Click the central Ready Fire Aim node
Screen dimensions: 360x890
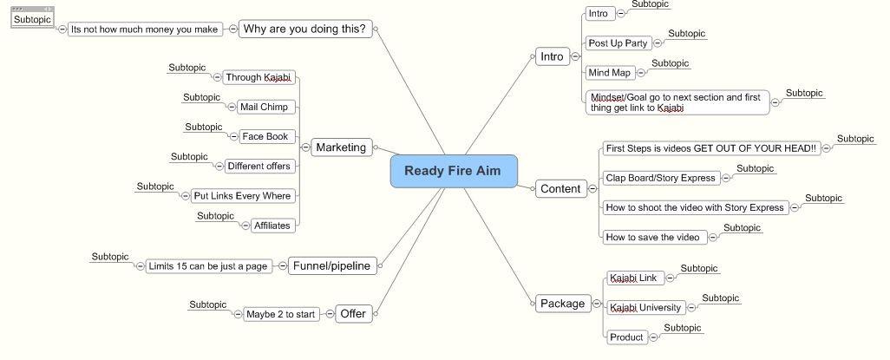[x=453, y=171]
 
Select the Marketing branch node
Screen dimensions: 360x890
[x=341, y=147]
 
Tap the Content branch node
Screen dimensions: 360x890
[x=560, y=188]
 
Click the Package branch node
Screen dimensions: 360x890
[x=562, y=303]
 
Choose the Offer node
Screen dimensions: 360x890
[x=353, y=313]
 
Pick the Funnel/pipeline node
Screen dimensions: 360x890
[x=331, y=265]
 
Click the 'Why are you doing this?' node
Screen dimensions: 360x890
[x=304, y=29]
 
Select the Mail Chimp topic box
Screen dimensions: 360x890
[x=264, y=107]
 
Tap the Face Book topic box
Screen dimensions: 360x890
[x=265, y=136]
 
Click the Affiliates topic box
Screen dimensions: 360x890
[x=272, y=226]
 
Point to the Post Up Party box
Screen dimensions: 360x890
[x=618, y=43]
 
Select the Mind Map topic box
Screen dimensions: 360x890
[x=609, y=72]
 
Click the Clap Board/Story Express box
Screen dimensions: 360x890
[x=660, y=178]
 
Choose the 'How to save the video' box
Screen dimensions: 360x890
[x=652, y=237]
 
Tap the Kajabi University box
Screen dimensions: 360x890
[x=645, y=307]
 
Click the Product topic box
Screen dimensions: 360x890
[x=626, y=337]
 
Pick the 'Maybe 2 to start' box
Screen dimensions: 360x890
[x=280, y=314]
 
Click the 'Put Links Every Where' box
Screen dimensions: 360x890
[x=242, y=196]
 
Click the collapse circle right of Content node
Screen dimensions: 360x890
[x=592, y=188]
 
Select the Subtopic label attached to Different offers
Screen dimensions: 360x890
[x=189, y=157]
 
